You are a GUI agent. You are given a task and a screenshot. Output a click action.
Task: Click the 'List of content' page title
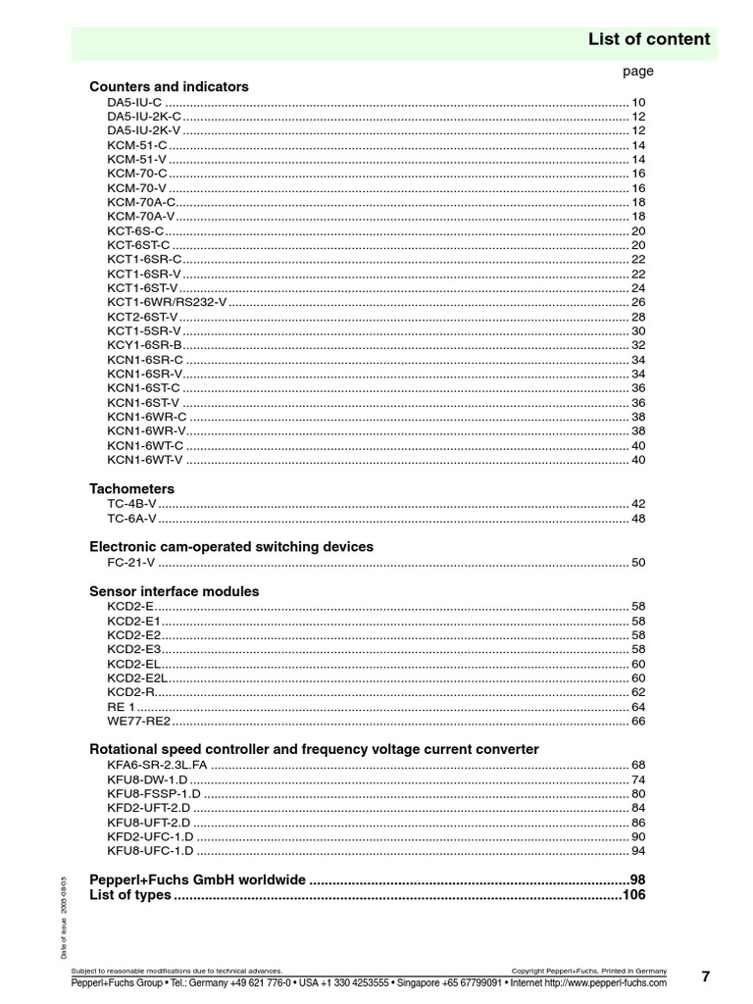point(648,39)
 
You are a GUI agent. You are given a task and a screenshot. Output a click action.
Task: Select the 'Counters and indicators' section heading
point(169,86)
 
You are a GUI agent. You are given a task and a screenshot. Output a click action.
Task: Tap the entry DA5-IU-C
point(134,102)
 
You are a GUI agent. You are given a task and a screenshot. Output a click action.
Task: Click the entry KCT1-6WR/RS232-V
point(167,302)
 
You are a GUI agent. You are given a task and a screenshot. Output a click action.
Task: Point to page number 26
point(637,302)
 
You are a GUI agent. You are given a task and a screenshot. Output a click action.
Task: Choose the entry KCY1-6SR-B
point(144,345)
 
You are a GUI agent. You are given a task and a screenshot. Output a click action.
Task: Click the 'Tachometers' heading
point(131,488)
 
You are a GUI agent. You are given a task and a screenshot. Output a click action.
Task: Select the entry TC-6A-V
point(131,518)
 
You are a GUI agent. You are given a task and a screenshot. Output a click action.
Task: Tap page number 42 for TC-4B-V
point(637,503)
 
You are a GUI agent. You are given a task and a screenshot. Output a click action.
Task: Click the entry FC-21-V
point(131,562)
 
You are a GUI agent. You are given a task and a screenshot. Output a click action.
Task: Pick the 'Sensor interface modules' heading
point(174,591)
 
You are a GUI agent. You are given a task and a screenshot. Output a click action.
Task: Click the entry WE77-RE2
point(138,721)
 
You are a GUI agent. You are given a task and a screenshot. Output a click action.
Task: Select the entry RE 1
point(122,706)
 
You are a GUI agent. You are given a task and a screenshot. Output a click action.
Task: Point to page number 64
point(637,706)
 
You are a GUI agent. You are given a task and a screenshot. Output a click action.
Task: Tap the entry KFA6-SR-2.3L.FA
point(157,764)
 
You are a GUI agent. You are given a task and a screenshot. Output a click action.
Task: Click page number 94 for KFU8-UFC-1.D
point(637,850)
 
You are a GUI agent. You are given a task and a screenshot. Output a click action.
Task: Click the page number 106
point(633,895)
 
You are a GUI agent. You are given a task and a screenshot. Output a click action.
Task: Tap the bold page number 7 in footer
point(705,976)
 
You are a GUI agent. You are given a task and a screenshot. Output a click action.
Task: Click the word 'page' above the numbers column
point(637,71)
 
